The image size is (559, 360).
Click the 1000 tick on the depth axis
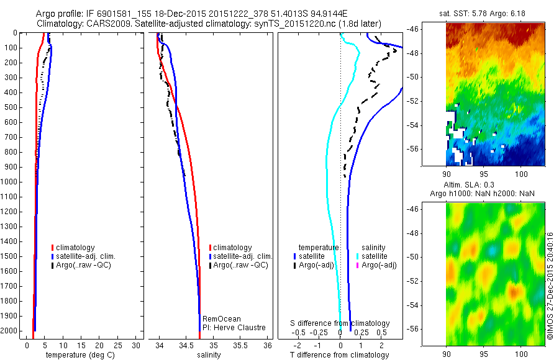[x=11, y=182]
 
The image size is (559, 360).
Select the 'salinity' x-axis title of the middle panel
[x=207, y=355]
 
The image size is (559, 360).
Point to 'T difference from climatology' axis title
[x=340, y=355]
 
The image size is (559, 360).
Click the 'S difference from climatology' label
[x=340, y=323]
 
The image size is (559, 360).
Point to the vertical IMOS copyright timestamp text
[x=550, y=286]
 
